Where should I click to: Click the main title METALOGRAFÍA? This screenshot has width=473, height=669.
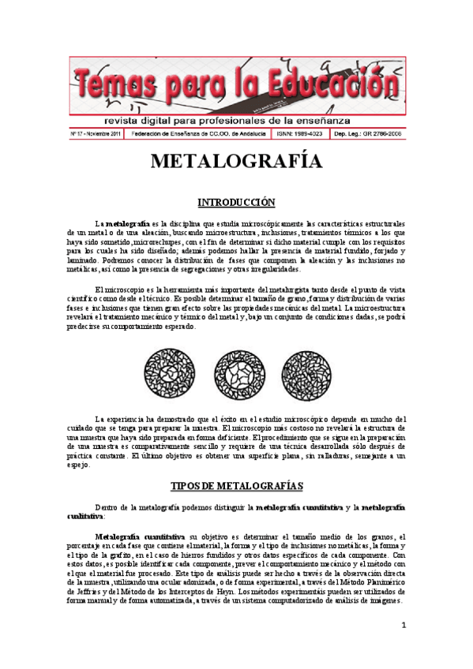pyautogui.click(x=236, y=161)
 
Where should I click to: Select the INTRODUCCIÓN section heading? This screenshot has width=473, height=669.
pyautogui.click(x=236, y=202)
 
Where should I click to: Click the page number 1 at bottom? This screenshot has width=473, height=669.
pyautogui.click(x=404, y=626)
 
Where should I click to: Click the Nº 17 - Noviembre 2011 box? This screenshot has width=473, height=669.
pyautogui.click(x=96, y=135)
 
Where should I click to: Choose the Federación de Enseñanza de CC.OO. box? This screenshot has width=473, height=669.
pyautogui.click(x=199, y=135)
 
